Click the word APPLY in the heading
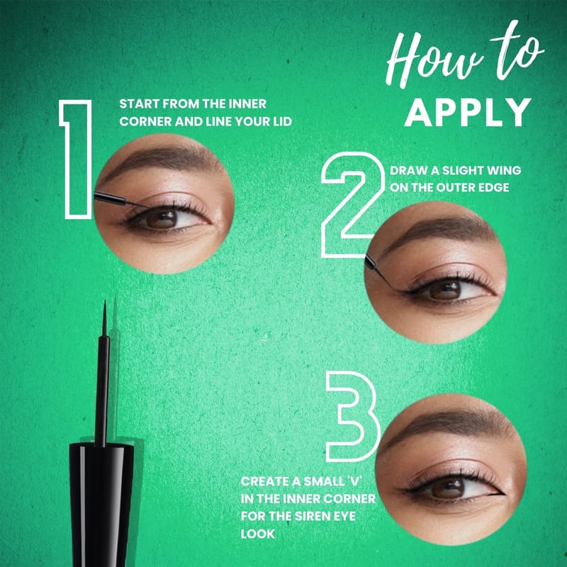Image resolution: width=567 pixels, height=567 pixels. [x=468, y=112]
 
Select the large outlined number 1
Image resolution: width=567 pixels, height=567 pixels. [x=76, y=159]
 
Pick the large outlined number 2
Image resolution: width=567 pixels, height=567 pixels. [x=352, y=204]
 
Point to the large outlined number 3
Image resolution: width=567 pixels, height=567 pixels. [x=352, y=417]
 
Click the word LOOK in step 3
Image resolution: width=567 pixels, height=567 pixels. [x=258, y=534]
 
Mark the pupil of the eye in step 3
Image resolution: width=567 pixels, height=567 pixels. [x=449, y=488]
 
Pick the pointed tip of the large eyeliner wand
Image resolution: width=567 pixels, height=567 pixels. [x=105, y=301]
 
